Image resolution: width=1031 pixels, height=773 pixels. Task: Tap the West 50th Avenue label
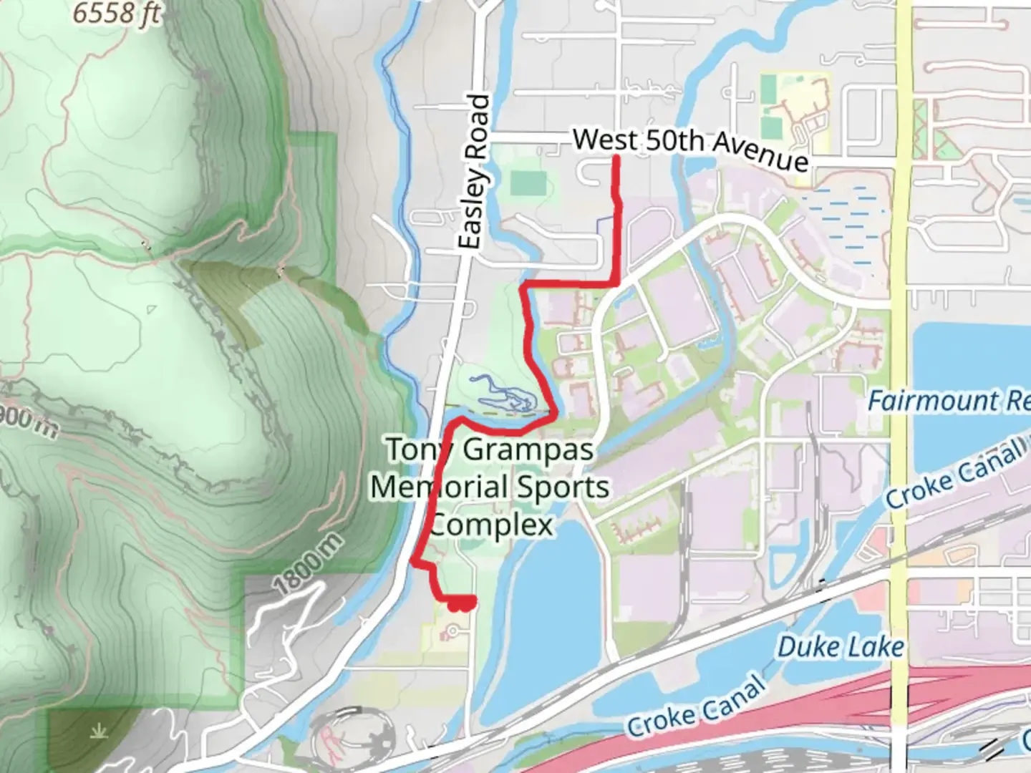690,147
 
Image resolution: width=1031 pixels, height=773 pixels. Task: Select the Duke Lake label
841,648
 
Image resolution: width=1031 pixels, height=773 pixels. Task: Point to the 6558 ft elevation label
116,12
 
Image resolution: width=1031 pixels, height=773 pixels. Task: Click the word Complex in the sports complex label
492,525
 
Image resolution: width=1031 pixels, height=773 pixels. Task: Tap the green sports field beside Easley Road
528,184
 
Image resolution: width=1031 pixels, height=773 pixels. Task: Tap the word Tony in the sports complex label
418,450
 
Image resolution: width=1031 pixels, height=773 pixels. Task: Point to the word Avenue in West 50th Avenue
760,153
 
